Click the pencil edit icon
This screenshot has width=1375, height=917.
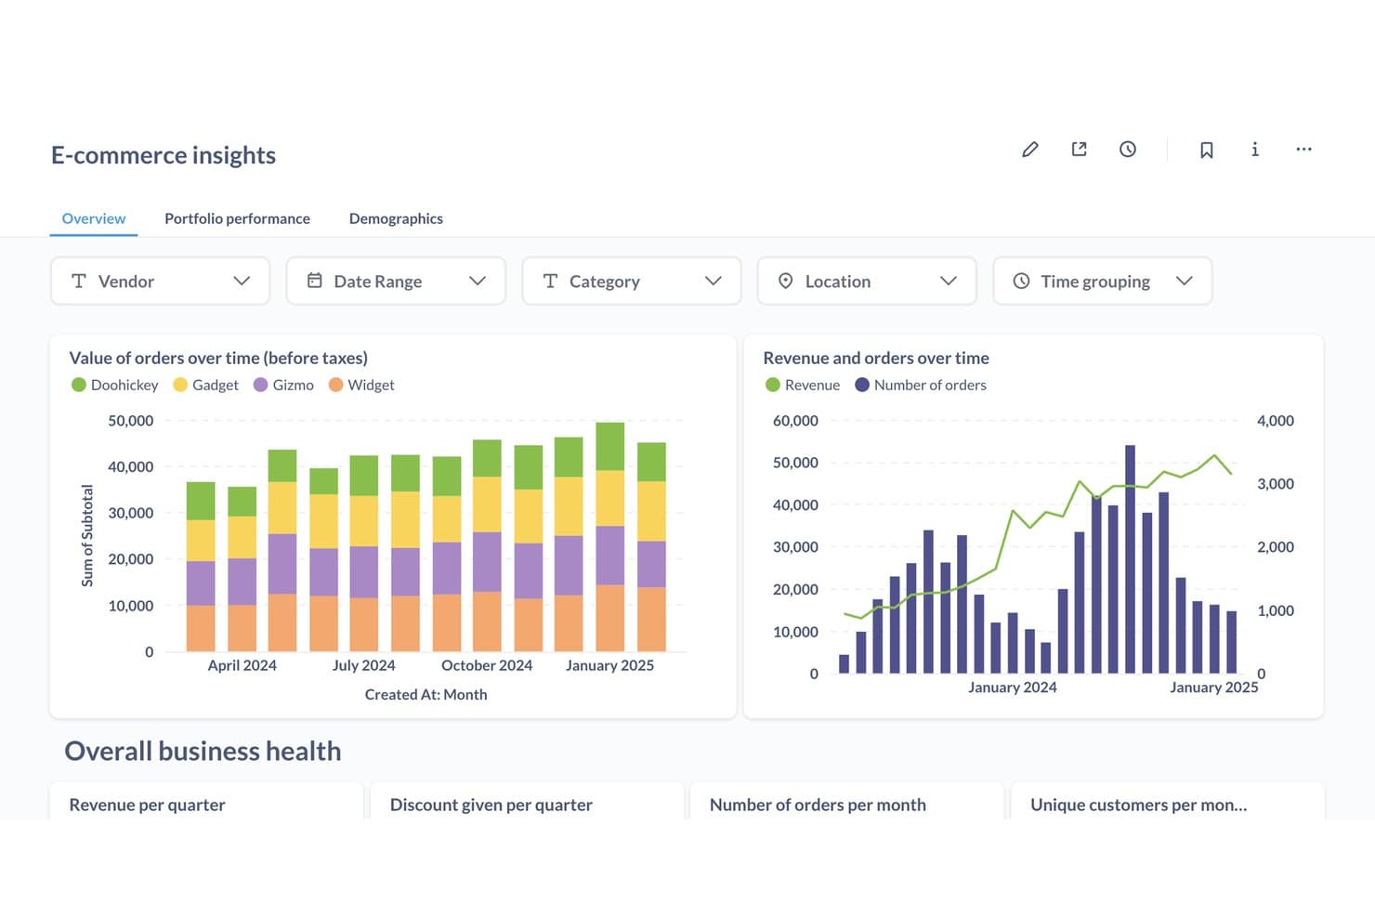[x=1030, y=150]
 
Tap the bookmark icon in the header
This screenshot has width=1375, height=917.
[x=1206, y=150]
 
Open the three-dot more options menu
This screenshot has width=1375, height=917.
[x=1303, y=150]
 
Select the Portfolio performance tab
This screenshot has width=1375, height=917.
[x=237, y=218]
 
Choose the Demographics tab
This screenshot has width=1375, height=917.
[x=396, y=218]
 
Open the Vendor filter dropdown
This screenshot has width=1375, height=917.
[x=160, y=282]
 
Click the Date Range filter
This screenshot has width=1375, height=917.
[x=396, y=282]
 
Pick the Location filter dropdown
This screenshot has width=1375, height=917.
[x=867, y=282]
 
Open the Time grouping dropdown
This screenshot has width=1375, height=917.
[x=1103, y=282]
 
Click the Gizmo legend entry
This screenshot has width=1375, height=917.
[x=283, y=385]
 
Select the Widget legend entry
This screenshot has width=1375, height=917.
[x=361, y=385]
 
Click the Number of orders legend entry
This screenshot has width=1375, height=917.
[x=921, y=385]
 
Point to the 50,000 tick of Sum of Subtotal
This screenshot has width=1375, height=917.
[x=131, y=421]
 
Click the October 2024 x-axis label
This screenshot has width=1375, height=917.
[x=487, y=665]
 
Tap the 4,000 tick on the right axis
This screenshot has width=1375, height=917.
[x=1276, y=421]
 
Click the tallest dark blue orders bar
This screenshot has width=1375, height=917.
[x=1130, y=559]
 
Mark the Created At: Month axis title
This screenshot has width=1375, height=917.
[x=426, y=694]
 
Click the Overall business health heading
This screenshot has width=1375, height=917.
[x=203, y=752]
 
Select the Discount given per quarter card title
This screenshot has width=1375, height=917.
[x=491, y=805]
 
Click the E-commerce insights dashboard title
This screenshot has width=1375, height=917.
[x=164, y=155]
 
